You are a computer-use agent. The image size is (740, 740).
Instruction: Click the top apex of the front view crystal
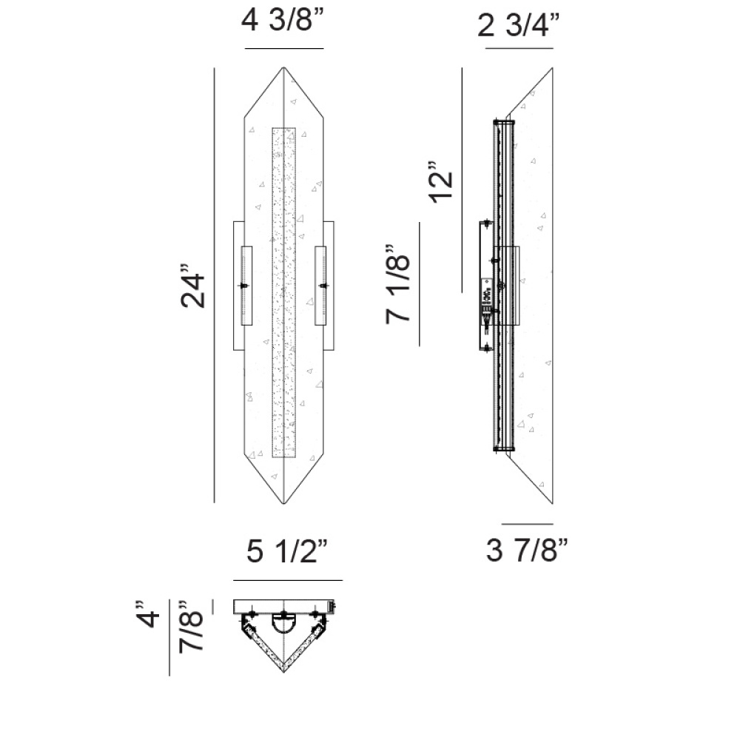point(283,67)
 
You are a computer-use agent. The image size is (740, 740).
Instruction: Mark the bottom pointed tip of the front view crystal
point(283,503)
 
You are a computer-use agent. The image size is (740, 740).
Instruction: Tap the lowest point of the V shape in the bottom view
point(283,672)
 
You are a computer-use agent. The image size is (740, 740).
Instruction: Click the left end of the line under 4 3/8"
point(245,48)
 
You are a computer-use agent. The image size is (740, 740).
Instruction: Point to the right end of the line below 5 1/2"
point(342,580)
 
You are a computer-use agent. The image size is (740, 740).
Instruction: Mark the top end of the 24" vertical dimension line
point(215,68)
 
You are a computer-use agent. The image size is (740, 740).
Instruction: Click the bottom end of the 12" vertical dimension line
point(462,292)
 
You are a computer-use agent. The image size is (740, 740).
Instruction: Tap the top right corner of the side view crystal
point(553,68)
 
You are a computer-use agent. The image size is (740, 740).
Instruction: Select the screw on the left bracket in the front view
point(243,286)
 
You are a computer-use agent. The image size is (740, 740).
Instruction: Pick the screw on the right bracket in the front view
point(324,286)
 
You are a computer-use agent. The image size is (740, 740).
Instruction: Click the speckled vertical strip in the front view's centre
point(284,292)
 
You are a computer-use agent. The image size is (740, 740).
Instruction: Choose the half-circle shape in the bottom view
point(283,624)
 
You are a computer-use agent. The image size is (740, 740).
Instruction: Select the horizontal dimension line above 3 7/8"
point(527,524)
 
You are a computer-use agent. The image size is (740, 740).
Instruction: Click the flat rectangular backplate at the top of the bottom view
point(283,607)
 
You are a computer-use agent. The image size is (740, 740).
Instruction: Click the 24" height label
point(193,286)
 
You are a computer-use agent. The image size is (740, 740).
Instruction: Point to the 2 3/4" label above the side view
point(518,25)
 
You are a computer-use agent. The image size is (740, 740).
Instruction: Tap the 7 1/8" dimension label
point(397,284)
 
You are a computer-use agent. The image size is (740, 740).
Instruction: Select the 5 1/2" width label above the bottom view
point(287,551)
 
